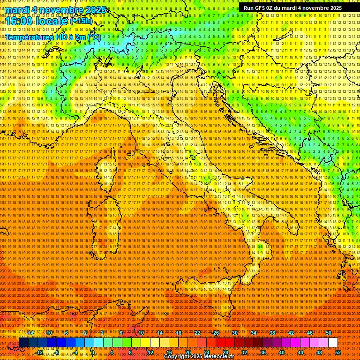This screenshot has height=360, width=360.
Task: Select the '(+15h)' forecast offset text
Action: point(81,21)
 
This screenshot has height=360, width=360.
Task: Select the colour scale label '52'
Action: point(337,352)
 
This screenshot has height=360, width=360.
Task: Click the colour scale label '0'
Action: point(93,352)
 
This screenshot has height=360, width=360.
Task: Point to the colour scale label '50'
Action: point(328,333)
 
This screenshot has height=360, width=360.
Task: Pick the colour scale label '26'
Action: point(216,333)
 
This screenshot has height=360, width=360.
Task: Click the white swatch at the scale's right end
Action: point(333,343)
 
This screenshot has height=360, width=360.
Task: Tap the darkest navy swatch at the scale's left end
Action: point(23,343)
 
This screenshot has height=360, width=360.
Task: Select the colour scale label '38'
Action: point(272,333)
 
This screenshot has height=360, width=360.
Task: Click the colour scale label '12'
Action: point(150,352)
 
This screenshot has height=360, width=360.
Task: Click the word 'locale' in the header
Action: point(52,22)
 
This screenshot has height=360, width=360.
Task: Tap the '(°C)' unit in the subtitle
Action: point(94,37)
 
